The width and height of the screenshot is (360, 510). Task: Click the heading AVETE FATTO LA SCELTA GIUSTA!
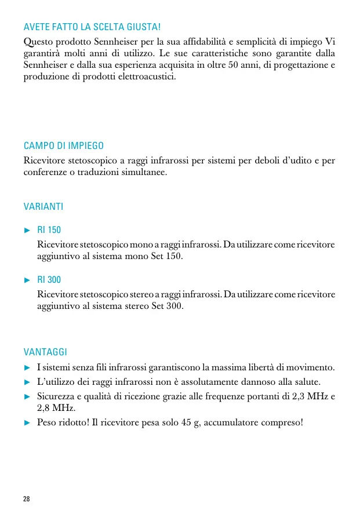tap(92, 27)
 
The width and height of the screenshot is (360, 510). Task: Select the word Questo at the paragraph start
tap(38, 42)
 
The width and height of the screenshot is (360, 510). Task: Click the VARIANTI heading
tap(43, 206)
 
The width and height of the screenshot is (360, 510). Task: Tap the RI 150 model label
tap(49, 230)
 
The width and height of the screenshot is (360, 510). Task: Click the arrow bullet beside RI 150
tap(27, 230)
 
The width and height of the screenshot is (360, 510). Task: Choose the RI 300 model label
tap(49, 280)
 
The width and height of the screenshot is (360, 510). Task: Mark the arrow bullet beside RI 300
tap(27, 280)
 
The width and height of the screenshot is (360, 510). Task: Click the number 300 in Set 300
tap(174, 305)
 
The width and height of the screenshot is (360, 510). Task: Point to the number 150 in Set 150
tap(174, 256)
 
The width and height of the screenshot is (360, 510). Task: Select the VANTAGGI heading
tap(45, 352)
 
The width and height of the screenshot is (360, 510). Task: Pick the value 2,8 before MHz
tap(45, 408)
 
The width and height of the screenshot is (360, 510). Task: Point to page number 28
tap(27, 499)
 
